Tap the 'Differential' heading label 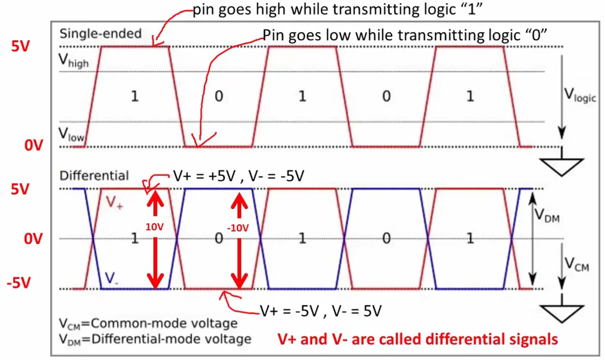click(x=94, y=176)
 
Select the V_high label click(x=73, y=61)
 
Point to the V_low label click(x=71, y=134)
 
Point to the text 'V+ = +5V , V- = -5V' click(x=237, y=177)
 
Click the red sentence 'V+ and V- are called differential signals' click(x=417, y=339)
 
